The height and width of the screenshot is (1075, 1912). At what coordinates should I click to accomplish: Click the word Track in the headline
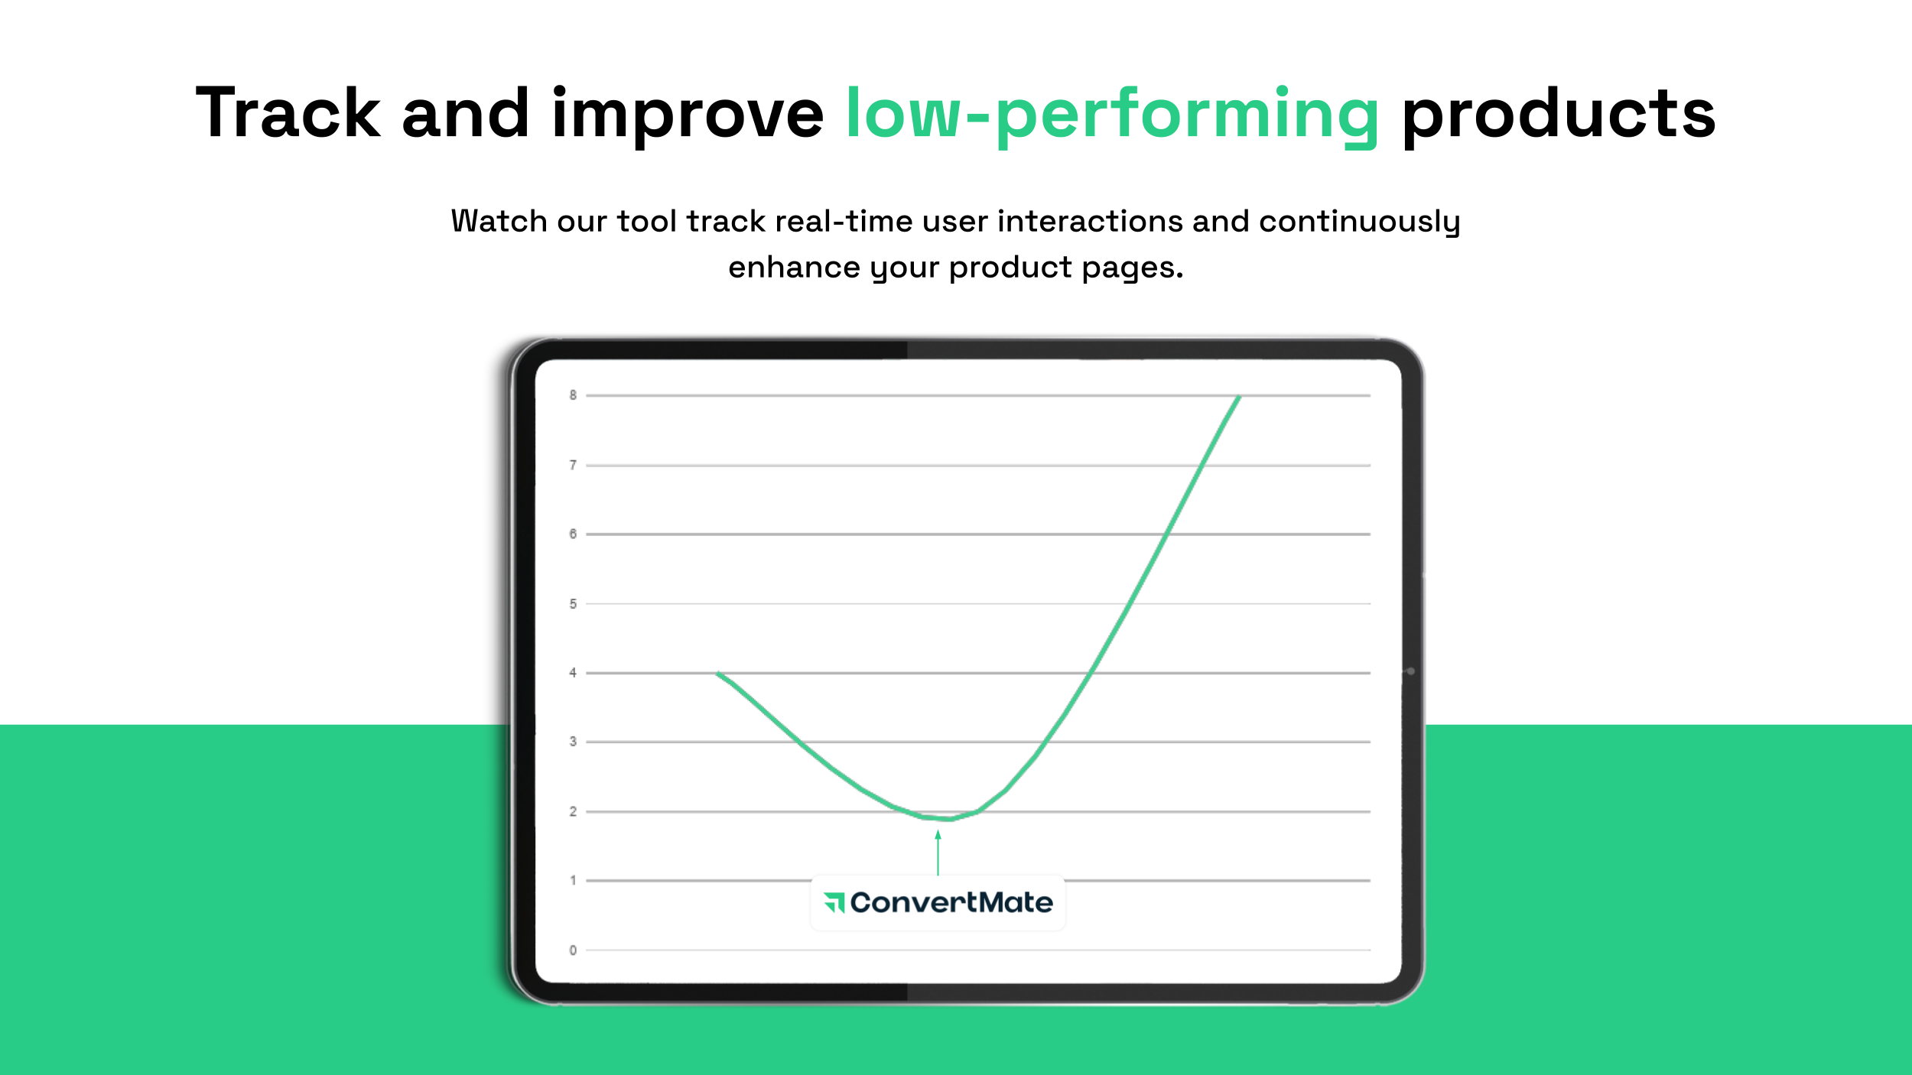(x=288, y=112)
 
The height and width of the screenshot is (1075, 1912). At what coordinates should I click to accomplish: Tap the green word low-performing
(x=1113, y=116)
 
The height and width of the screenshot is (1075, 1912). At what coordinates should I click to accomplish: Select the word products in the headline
(x=1559, y=116)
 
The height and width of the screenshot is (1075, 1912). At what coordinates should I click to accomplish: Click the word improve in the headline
(x=688, y=116)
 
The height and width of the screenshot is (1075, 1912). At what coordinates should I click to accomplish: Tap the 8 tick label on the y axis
(x=573, y=395)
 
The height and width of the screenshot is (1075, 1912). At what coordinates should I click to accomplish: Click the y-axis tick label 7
(x=573, y=465)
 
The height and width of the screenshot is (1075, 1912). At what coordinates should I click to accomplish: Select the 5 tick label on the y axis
(x=573, y=604)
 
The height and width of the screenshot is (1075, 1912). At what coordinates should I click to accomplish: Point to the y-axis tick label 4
(x=573, y=673)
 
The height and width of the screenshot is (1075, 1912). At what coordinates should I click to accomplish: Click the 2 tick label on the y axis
(x=573, y=811)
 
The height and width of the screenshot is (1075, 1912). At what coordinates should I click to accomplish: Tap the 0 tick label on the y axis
(x=573, y=950)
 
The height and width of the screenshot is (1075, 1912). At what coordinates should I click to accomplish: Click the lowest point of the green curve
(x=949, y=819)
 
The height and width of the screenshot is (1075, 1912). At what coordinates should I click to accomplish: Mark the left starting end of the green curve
(x=717, y=673)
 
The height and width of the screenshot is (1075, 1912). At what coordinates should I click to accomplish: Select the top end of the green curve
(x=1239, y=396)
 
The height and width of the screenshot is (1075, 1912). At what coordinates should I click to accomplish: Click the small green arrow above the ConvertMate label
(x=938, y=853)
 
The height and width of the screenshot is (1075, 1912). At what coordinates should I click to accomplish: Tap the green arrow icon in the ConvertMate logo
(x=834, y=903)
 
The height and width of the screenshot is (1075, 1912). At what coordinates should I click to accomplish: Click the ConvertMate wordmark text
(x=951, y=903)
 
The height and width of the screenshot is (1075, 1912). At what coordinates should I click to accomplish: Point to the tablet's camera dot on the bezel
(x=1411, y=671)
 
